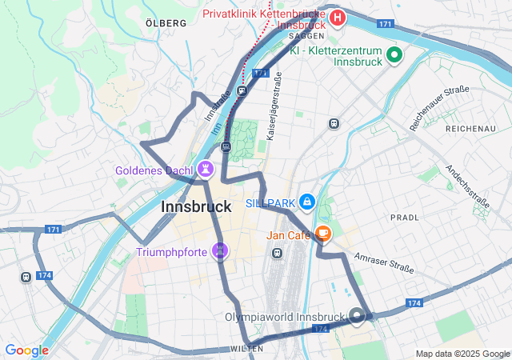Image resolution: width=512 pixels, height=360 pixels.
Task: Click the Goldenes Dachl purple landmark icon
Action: click(x=206, y=170)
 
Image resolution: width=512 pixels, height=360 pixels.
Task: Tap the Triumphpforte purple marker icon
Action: click(x=221, y=251)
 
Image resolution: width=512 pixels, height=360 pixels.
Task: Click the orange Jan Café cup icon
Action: click(x=322, y=234)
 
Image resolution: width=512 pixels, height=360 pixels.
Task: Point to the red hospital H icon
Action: click(x=338, y=17)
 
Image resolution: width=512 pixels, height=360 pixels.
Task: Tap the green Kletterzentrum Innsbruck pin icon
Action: click(x=394, y=54)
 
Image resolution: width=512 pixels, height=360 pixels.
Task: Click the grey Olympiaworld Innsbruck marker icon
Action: click(x=358, y=315)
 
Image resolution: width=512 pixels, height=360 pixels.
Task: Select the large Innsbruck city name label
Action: click(x=196, y=206)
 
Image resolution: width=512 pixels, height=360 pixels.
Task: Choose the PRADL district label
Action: click(x=404, y=217)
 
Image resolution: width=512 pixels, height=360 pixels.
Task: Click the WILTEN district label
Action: click(x=246, y=350)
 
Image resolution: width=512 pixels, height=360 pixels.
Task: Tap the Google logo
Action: click(x=26, y=350)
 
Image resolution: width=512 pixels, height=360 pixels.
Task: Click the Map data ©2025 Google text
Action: click(x=462, y=354)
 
